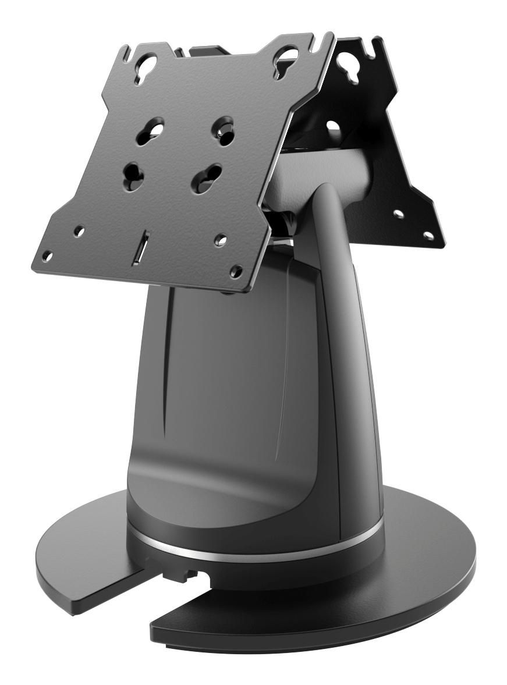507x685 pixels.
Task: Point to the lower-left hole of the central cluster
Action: [x=133, y=173]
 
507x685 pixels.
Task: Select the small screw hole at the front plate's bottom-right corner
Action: [x=236, y=270]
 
